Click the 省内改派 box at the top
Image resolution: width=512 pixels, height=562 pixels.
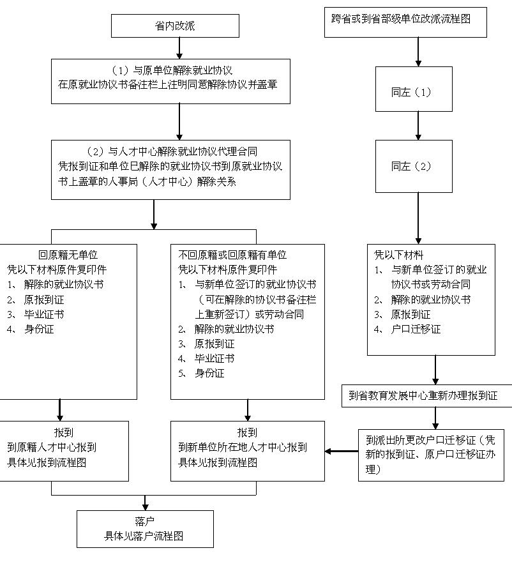tap(175, 26)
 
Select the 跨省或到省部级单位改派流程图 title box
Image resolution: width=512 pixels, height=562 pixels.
tap(406, 20)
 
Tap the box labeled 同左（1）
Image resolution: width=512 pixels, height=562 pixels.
tap(414, 92)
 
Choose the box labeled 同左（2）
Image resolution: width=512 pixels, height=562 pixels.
tap(414, 167)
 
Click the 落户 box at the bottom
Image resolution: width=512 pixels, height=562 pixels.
tap(145, 529)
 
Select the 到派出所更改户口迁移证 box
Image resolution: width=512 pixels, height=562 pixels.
tap(431, 455)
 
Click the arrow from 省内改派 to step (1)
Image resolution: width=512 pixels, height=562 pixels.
tap(179, 48)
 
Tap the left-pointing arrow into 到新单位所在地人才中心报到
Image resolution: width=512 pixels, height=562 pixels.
tap(341, 452)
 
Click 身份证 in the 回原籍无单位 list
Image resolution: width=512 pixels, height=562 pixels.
tap(39, 329)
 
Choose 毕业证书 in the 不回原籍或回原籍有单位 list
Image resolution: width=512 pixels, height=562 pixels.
tap(214, 358)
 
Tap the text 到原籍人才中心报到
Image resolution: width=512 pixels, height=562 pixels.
tap(52, 447)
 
